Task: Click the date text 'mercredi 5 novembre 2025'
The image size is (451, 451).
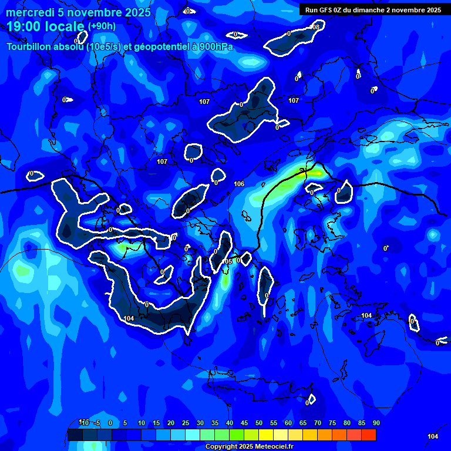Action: click(x=78, y=12)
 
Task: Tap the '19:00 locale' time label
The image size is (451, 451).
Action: click(x=45, y=26)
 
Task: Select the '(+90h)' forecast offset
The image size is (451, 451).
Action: click(x=102, y=26)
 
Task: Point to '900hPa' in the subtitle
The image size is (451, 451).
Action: click(x=213, y=47)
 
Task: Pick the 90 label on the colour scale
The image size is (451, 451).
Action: click(x=376, y=423)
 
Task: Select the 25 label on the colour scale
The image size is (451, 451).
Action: click(x=185, y=423)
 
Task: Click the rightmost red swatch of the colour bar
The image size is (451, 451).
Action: click(x=368, y=435)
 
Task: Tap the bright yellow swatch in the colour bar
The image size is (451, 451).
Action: click(x=265, y=435)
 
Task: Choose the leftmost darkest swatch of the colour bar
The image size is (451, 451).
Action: click(x=75, y=435)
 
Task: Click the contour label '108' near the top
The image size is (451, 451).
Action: click(x=315, y=27)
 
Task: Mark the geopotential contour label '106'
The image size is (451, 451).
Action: click(x=239, y=184)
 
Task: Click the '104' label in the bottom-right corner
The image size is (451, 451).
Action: click(x=433, y=436)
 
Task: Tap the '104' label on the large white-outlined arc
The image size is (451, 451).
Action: click(x=130, y=318)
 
